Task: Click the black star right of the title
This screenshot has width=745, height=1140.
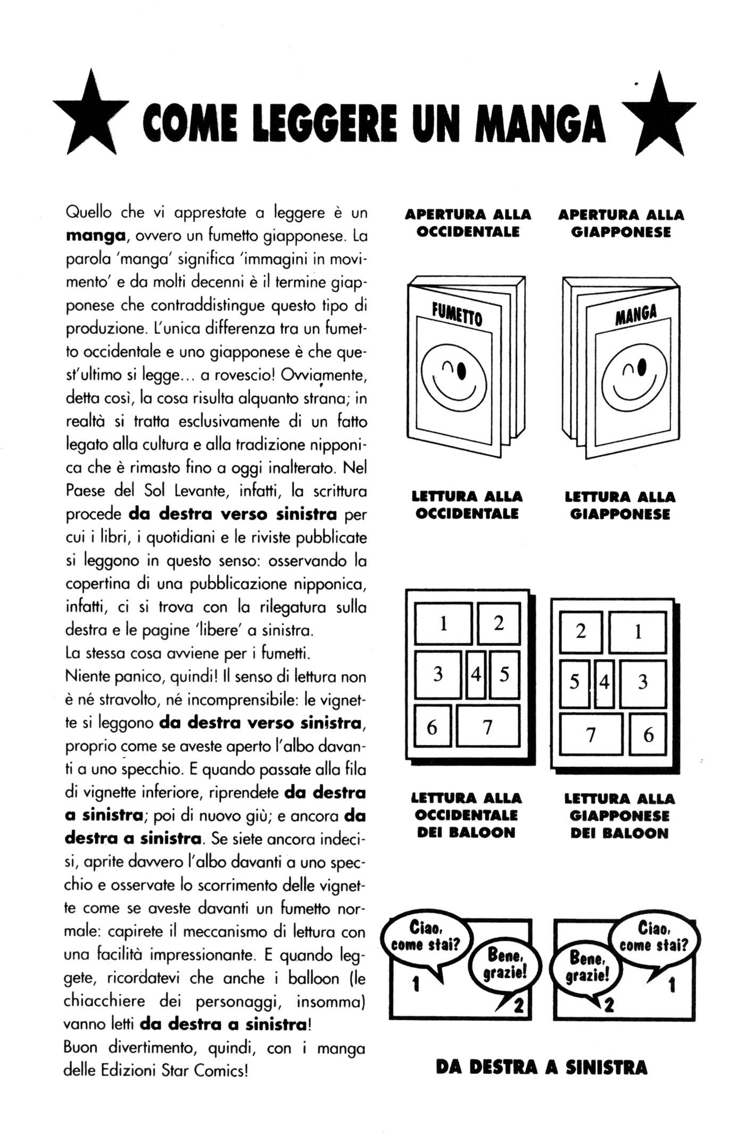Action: (x=659, y=118)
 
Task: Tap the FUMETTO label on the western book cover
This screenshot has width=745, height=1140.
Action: (x=457, y=314)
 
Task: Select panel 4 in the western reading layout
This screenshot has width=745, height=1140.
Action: (x=475, y=675)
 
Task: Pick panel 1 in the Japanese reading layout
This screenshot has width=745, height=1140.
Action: (x=638, y=631)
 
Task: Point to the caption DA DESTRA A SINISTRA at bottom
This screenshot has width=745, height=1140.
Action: (x=541, y=1067)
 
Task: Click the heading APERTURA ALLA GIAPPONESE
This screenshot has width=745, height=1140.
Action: (x=620, y=223)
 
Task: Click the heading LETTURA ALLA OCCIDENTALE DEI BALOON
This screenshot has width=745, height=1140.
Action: (x=466, y=815)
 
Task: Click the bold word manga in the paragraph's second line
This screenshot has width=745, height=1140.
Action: (x=95, y=235)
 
